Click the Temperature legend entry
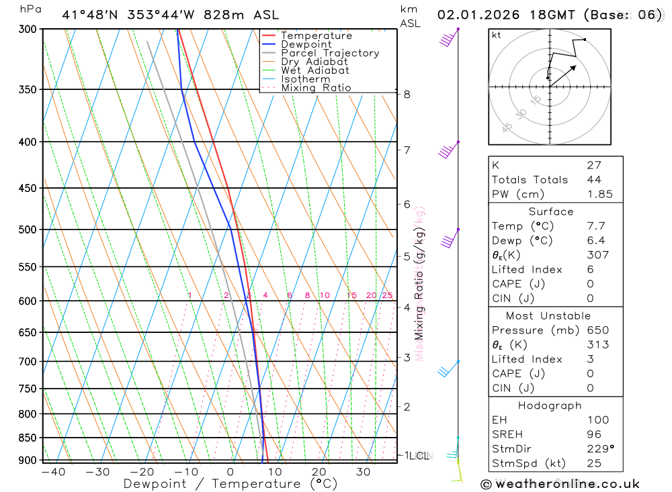(316, 36)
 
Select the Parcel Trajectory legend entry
(330, 53)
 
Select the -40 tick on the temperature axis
(53, 472)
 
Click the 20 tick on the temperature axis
(319, 472)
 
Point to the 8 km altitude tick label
(407, 94)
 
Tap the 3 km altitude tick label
(407, 358)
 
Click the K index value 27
(593, 165)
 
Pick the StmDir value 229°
(599, 449)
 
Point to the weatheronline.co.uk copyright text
(560, 483)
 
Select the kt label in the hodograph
(497, 36)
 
